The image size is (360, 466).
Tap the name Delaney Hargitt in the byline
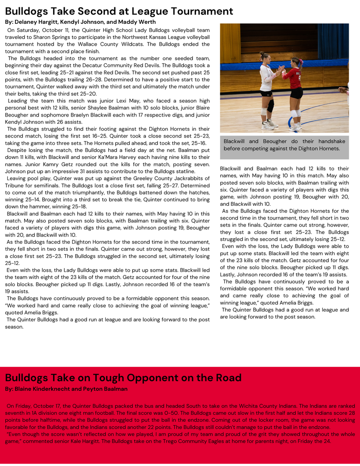(37, 22)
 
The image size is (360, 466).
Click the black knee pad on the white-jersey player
(271, 106)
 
